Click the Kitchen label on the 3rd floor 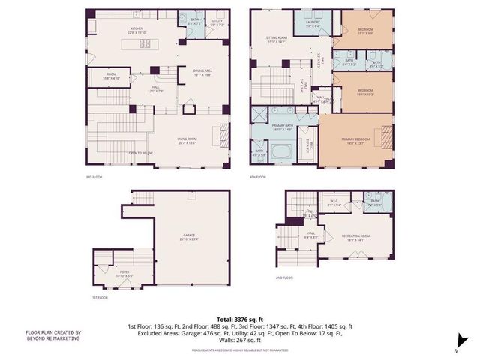pyautogui.click(x=136, y=29)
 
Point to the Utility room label pyautogui.click(x=217, y=22)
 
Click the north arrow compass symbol pyautogui.click(x=464, y=342)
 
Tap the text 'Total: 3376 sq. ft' pyautogui.click(x=239, y=319)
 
